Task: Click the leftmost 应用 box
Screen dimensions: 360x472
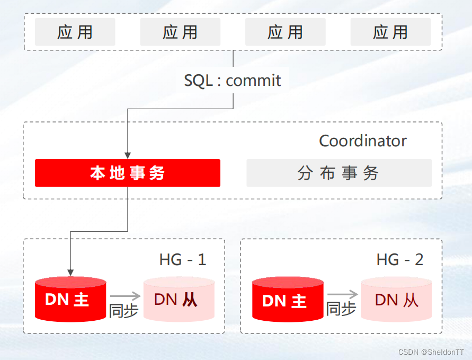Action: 75,32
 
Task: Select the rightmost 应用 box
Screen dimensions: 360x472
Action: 390,32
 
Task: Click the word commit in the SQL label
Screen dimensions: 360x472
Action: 253,81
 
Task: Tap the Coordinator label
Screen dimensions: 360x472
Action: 362,141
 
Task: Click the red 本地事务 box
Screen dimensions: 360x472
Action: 128,173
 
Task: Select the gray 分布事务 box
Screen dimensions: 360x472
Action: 339,173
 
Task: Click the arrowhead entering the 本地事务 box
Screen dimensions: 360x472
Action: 128,155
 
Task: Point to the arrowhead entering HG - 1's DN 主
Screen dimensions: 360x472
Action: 70,272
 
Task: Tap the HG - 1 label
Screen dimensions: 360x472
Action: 182,259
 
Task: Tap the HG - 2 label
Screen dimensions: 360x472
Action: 400,259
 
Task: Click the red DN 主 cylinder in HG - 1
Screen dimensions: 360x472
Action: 70,300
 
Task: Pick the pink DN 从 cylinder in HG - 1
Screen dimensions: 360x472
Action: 179,300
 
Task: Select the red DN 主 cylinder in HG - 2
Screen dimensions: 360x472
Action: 288,301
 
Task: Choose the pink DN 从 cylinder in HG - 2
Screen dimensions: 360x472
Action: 396,300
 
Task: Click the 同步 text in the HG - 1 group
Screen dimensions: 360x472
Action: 123,311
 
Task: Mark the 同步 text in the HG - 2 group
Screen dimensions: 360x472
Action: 341,309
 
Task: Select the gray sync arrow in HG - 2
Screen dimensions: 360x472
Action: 342,295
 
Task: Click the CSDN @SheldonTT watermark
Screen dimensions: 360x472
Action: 431,352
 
